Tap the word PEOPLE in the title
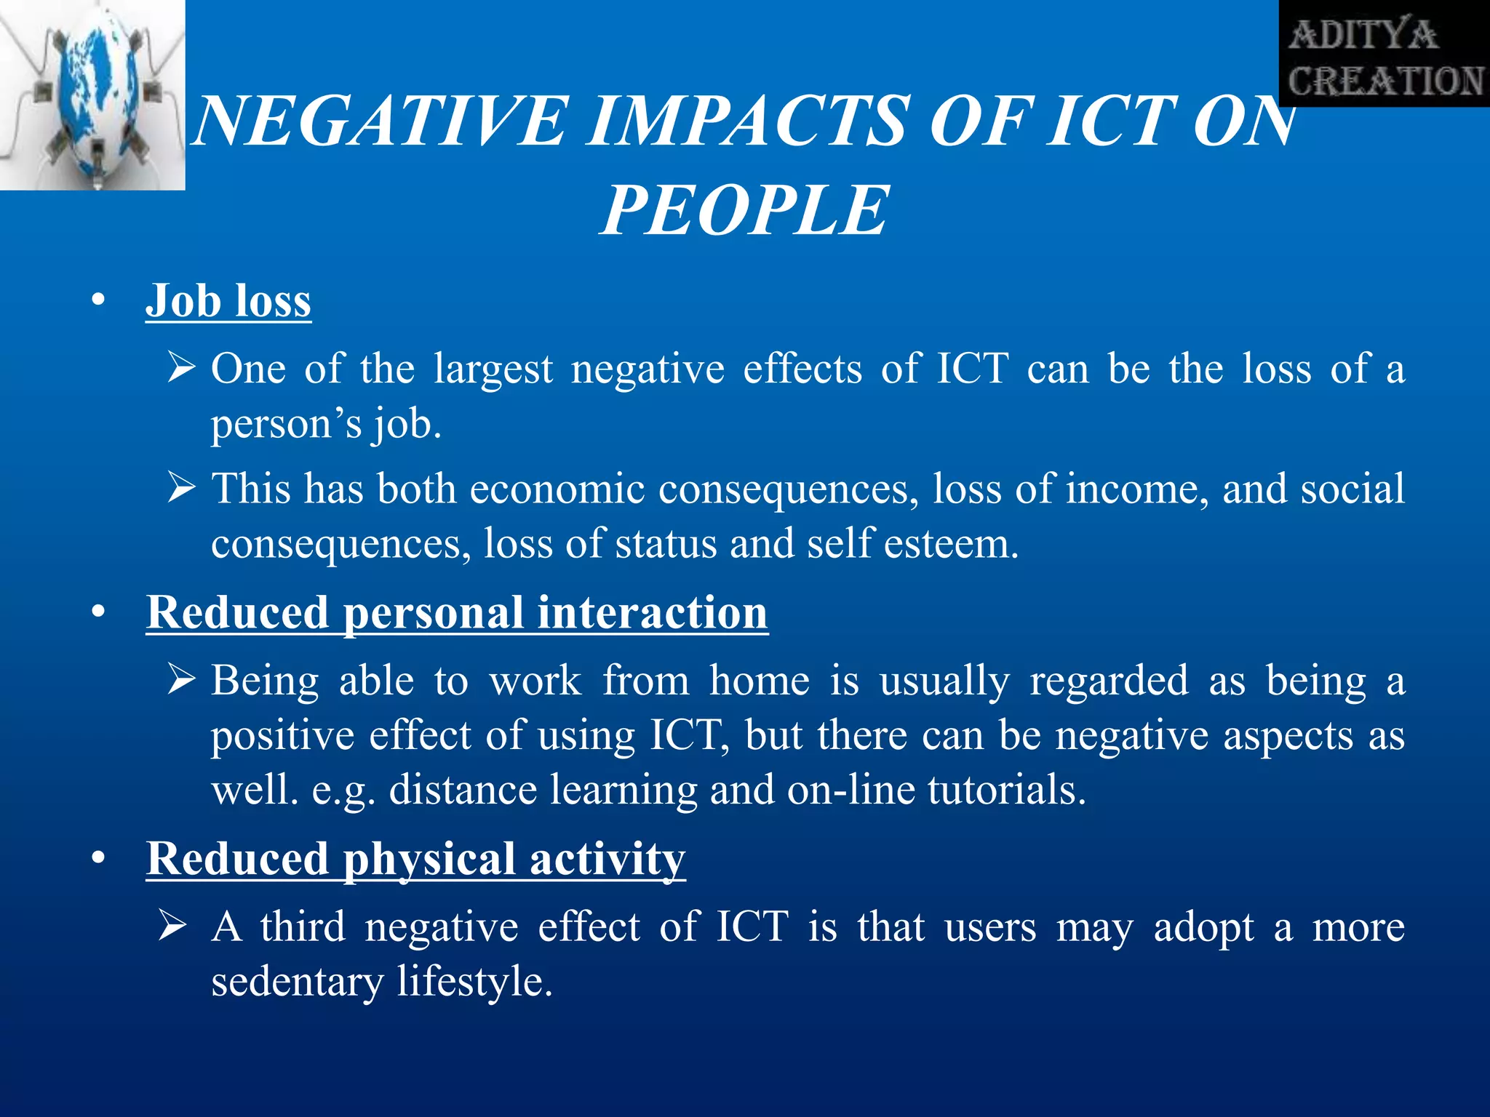(x=744, y=211)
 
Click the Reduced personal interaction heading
(x=457, y=612)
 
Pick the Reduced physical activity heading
(x=415, y=859)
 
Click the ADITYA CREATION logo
(x=1385, y=55)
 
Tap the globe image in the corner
(x=92, y=95)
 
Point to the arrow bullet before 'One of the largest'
(x=180, y=367)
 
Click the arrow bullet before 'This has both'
(x=180, y=487)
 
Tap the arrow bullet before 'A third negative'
(x=173, y=926)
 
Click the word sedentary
(x=297, y=982)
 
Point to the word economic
(x=557, y=489)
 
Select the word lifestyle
(x=474, y=982)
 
